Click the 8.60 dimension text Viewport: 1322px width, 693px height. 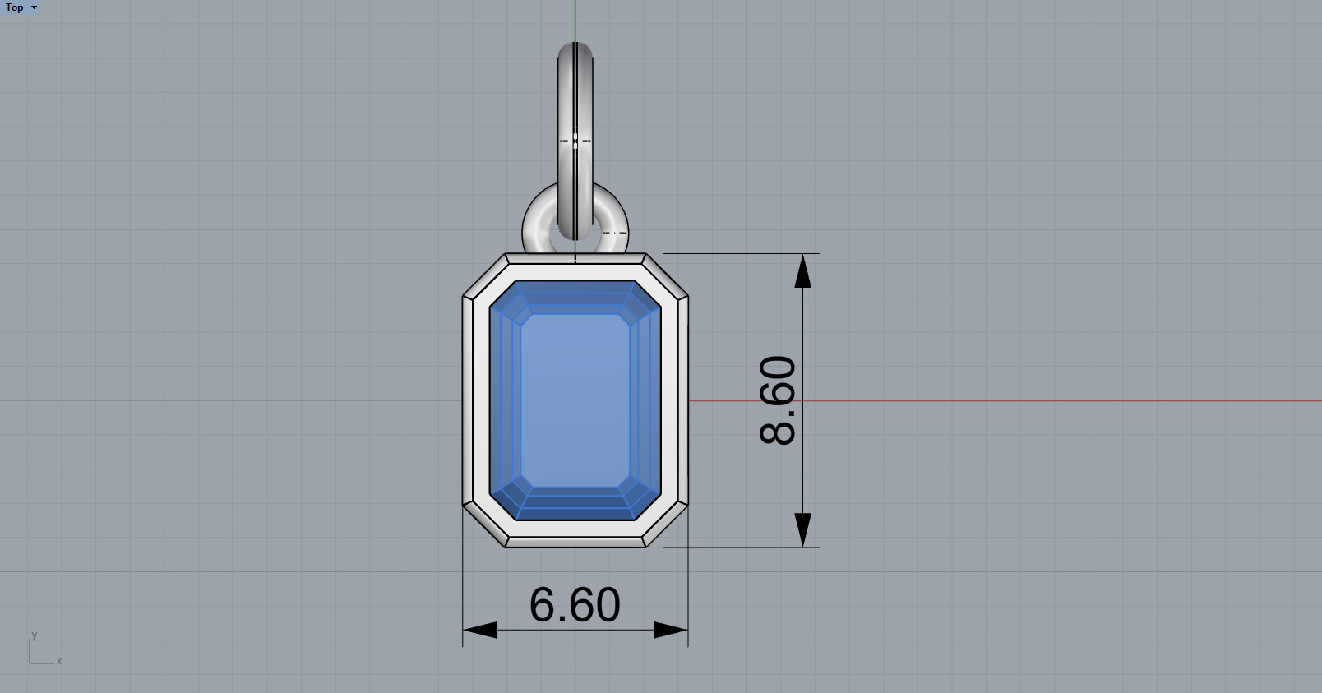[x=778, y=400]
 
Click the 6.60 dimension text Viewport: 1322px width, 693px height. [x=575, y=605]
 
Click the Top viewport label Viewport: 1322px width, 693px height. [x=15, y=7]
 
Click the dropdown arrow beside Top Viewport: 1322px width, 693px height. [x=34, y=7]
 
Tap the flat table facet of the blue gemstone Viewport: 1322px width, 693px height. [x=575, y=400]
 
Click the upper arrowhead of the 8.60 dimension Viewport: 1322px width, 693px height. [x=803, y=270]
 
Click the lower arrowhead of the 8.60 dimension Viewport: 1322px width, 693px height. [x=803, y=529]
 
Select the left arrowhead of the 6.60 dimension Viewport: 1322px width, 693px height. [x=480, y=631]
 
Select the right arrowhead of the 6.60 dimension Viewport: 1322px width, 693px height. [x=670, y=631]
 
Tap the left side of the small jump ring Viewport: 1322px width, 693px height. [x=531, y=224]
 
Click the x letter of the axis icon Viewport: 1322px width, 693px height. [x=59, y=661]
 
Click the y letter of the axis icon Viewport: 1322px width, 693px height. [x=34, y=635]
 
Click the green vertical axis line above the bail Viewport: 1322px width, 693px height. [x=575, y=21]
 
